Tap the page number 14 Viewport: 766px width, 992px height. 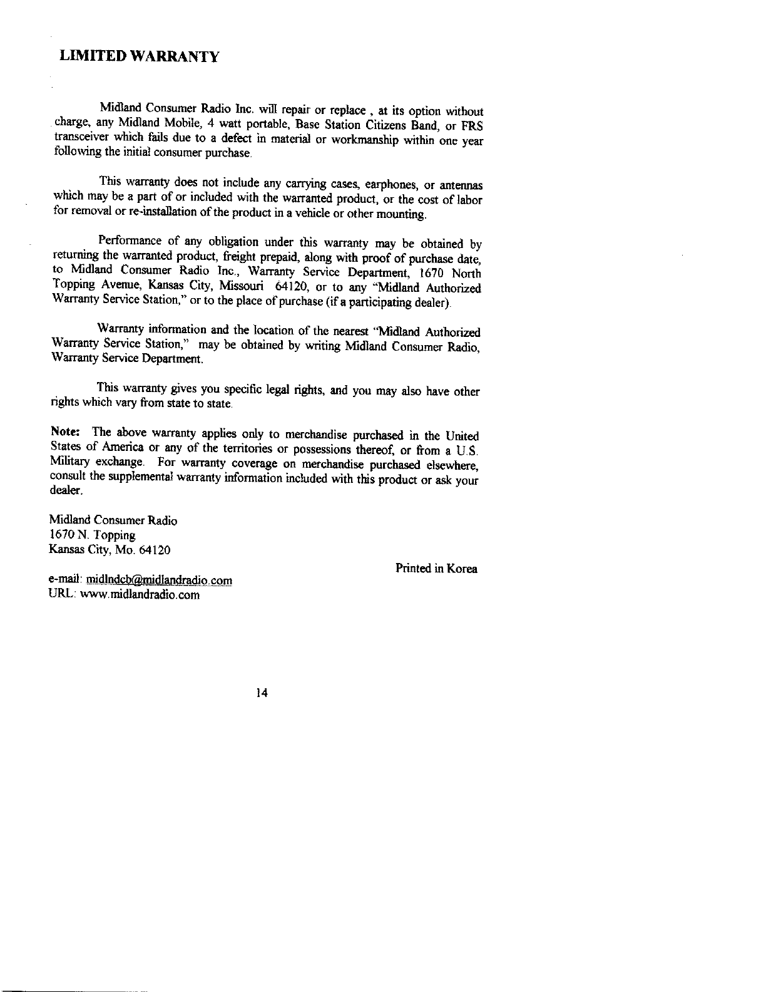[262, 693]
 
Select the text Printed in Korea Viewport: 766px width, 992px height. [436, 569]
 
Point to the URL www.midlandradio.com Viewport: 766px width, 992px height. [140, 594]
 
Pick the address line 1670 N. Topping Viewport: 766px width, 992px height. [92, 535]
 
